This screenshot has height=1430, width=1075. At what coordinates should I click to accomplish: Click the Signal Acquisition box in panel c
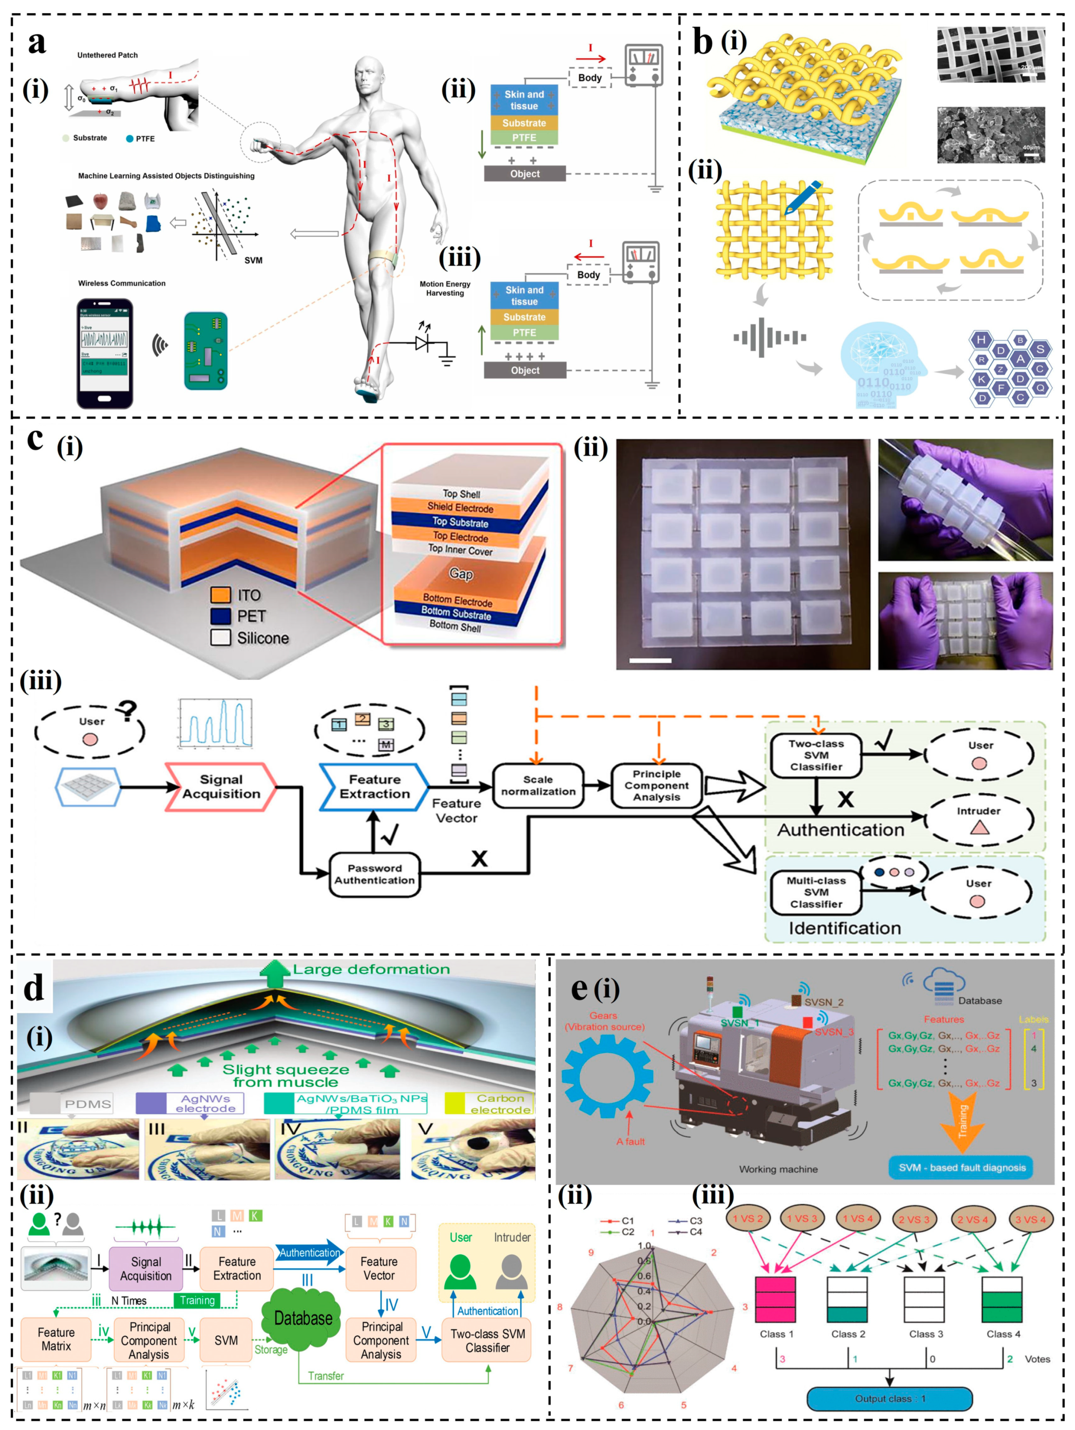(221, 787)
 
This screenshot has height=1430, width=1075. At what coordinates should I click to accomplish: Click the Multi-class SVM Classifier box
(816, 892)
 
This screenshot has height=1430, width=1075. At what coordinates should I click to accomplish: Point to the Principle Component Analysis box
(657, 785)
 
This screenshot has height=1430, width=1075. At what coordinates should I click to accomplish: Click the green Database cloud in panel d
(303, 1318)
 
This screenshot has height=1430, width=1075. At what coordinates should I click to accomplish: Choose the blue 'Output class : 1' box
(890, 1398)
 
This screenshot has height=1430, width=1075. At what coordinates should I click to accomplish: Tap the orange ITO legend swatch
(221, 595)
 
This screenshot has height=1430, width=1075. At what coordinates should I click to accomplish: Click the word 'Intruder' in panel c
(978, 811)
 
